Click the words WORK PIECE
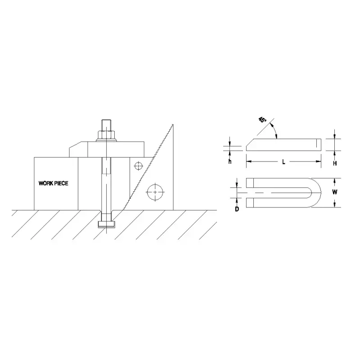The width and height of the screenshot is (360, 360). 54,184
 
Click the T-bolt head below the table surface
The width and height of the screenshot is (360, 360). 107,224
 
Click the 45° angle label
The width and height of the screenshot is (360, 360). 262,120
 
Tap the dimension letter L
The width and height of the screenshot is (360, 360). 283,162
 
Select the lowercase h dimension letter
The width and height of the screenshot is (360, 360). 229,162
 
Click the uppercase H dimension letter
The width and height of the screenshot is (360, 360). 335,164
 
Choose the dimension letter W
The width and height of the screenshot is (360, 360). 334,192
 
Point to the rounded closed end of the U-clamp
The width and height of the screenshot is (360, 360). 317,193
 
